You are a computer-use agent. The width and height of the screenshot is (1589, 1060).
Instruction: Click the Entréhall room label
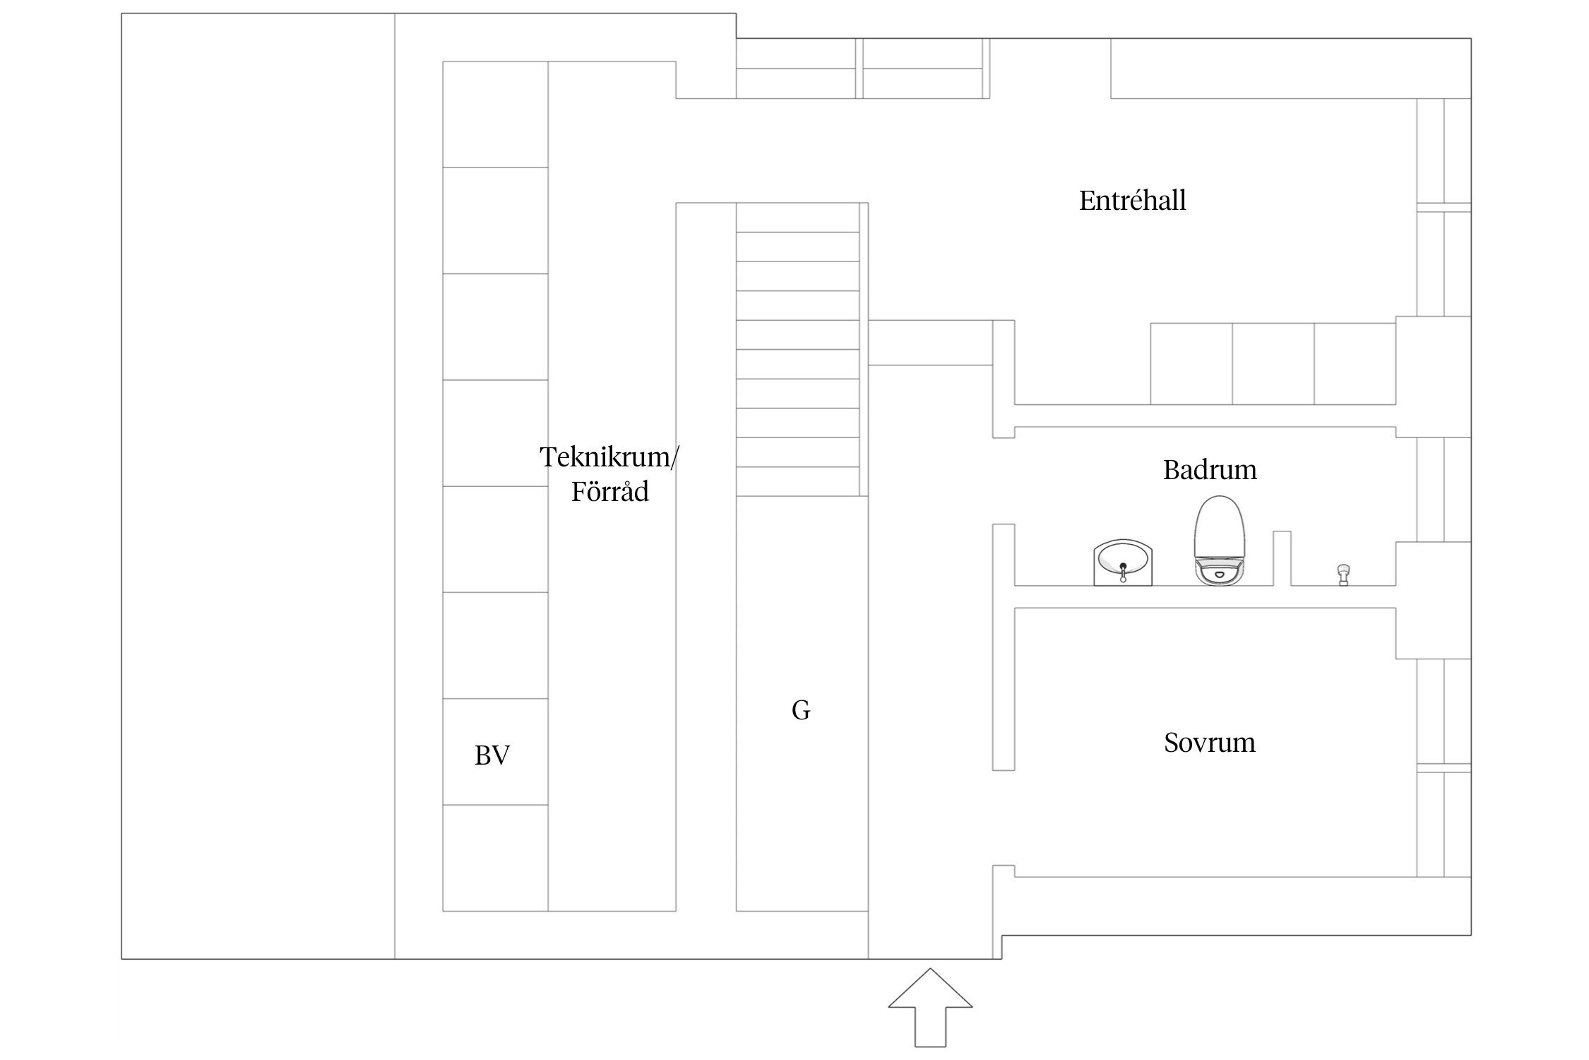[x=1132, y=201]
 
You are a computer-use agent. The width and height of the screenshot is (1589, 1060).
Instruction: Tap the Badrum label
[x=1210, y=470]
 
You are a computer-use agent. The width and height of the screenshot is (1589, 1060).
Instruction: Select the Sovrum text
[x=1210, y=743]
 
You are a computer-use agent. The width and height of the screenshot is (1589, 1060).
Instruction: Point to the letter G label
[x=801, y=710]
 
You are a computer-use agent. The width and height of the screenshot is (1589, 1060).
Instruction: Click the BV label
[x=492, y=756]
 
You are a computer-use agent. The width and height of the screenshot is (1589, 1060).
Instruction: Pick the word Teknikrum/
[x=609, y=457]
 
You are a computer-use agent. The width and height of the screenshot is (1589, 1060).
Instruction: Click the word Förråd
[x=610, y=492]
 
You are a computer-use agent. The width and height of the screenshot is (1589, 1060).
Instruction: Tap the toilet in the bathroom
[x=1218, y=537]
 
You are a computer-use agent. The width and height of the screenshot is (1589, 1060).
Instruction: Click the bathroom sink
[x=1123, y=563]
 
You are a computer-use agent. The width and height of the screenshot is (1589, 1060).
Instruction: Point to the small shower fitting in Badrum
[x=1343, y=574]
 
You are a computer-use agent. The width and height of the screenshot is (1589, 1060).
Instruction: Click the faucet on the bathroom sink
[x=1123, y=571]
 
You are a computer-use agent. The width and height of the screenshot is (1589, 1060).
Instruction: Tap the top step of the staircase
[x=798, y=218]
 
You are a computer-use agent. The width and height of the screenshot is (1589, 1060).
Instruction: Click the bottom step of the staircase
[x=798, y=481]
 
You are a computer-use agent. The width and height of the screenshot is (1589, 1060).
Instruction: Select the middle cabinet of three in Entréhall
[x=1273, y=364]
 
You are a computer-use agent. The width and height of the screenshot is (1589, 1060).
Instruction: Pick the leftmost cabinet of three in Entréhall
[x=1191, y=364]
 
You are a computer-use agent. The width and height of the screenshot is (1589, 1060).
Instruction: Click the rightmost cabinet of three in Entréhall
[x=1355, y=364]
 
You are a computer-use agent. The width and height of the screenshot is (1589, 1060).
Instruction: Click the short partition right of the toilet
[x=1282, y=558]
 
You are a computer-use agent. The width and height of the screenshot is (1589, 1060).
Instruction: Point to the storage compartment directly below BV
[x=495, y=858]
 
